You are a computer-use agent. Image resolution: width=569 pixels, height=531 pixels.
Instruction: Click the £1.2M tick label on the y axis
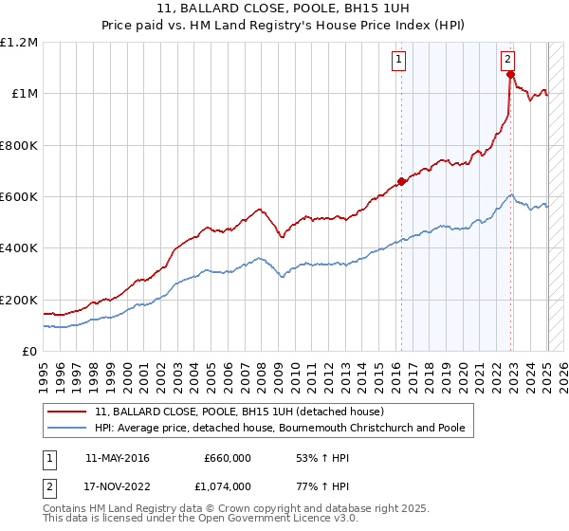(19, 43)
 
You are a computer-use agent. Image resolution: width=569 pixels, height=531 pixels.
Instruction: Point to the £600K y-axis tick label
(19, 197)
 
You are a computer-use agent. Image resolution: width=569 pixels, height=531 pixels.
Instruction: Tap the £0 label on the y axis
(30, 352)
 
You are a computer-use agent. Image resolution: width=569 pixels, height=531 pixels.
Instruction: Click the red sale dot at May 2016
(401, 181)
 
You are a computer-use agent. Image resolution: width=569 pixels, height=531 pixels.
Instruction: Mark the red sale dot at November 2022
(510, 74)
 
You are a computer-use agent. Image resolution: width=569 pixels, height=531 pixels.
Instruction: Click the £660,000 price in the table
(227, 458)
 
